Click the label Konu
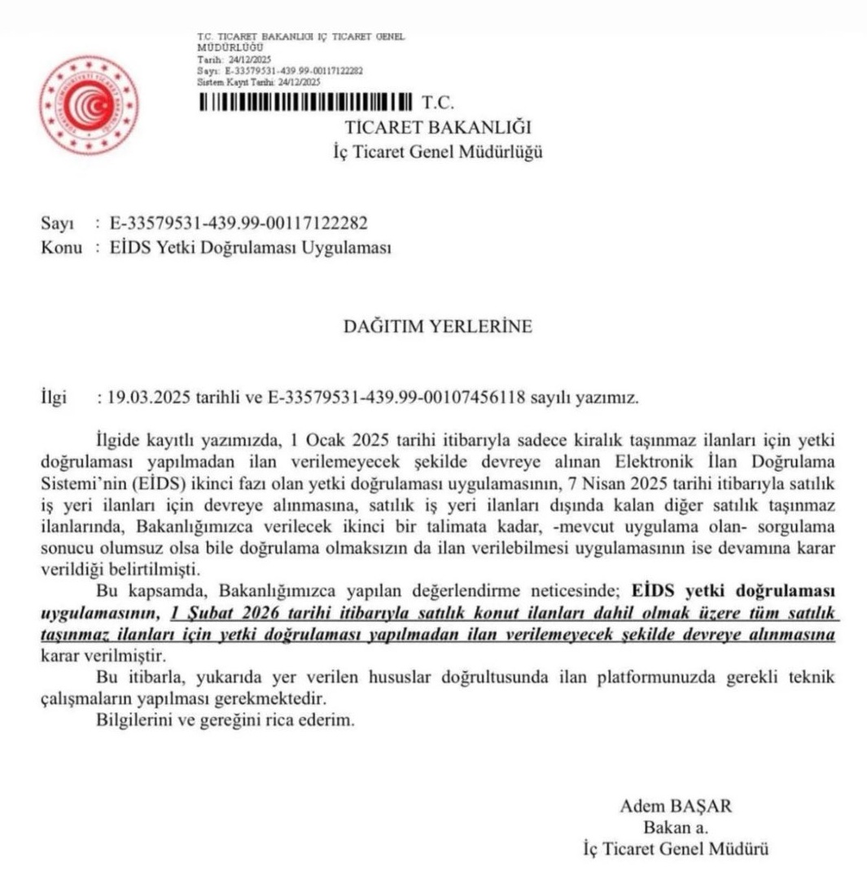(x=61, y=248)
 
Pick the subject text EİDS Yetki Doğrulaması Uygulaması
(x=250, y=248)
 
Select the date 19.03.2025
(x=143, y=399)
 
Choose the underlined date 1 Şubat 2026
(x=216, y=612)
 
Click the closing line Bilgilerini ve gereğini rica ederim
(x=226, y=721)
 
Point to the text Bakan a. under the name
(x=676, y=828)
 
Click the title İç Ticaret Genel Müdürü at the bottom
(x=676, y=850)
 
